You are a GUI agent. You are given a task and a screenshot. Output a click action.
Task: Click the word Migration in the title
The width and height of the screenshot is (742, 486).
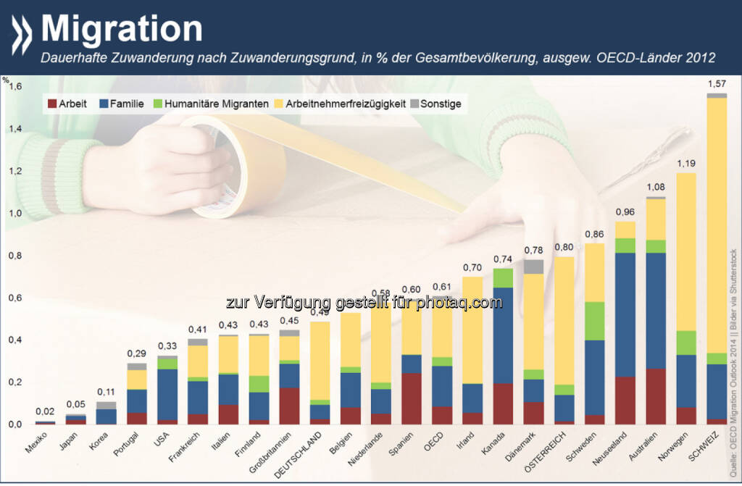122,28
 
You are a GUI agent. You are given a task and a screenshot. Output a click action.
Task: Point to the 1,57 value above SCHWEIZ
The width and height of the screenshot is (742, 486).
717,85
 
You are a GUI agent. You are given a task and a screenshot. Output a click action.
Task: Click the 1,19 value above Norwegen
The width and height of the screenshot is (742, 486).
685,164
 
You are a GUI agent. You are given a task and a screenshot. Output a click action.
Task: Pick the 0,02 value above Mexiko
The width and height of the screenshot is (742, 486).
45,412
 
